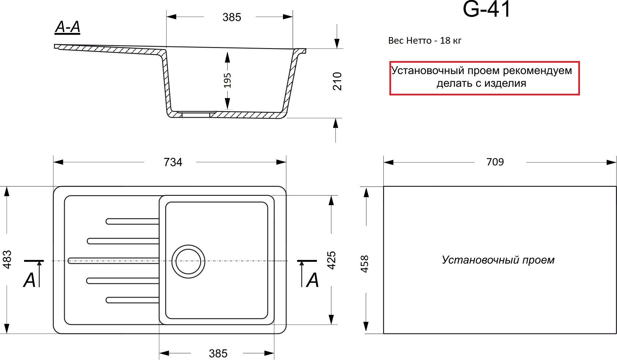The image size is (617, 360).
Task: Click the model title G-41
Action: point(487,9)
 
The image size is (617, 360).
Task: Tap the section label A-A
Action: point(67,27)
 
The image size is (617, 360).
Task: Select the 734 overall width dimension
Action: point(173,162)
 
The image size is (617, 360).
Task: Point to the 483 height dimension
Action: point(7,259)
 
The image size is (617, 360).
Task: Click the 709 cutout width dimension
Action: point(495,162)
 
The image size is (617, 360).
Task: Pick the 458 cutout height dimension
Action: point(365,264)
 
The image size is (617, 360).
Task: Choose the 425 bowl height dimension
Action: point(331,260)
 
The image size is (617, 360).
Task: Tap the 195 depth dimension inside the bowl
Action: point(227,80)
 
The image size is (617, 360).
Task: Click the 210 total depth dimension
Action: point(337,81)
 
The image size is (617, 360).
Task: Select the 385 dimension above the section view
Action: point(232,17)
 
